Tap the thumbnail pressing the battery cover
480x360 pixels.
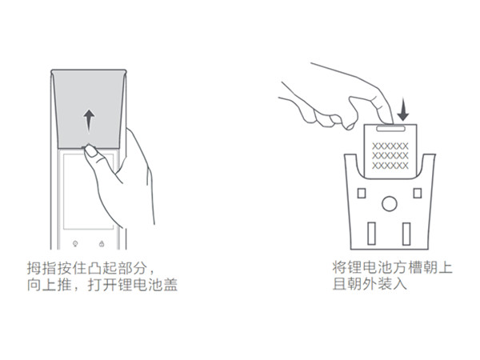(91, 150)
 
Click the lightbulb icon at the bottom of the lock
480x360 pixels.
(75, 243)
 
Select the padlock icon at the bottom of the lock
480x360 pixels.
(103, 243)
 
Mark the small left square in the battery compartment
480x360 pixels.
(361, 193)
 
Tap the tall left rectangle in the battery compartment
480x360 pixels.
(370, 233)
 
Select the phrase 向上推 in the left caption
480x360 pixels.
(46, 285)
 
